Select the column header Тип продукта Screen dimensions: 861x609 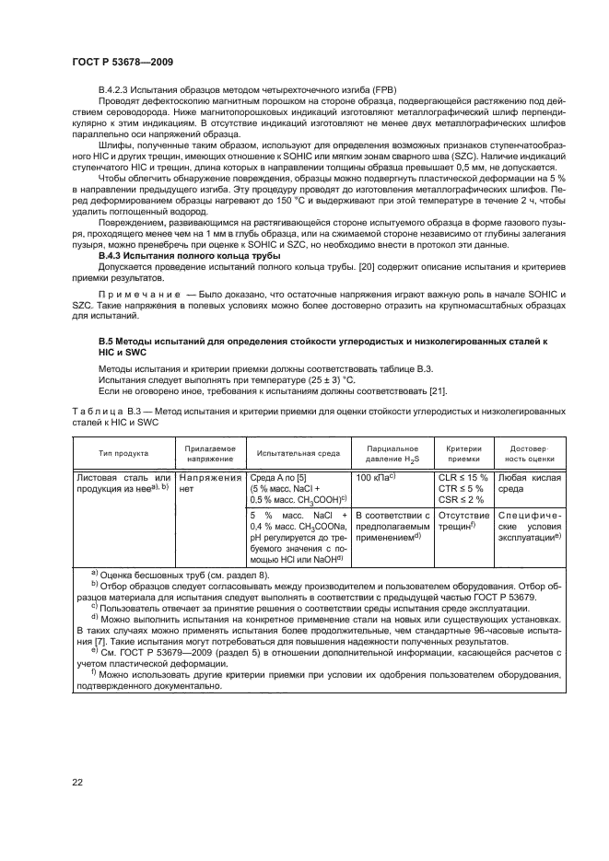[118, 453]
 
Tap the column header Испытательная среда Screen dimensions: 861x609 [299, 453]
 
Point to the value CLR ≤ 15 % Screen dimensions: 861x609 [463, 477]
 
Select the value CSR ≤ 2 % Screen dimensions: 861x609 [461, 498]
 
